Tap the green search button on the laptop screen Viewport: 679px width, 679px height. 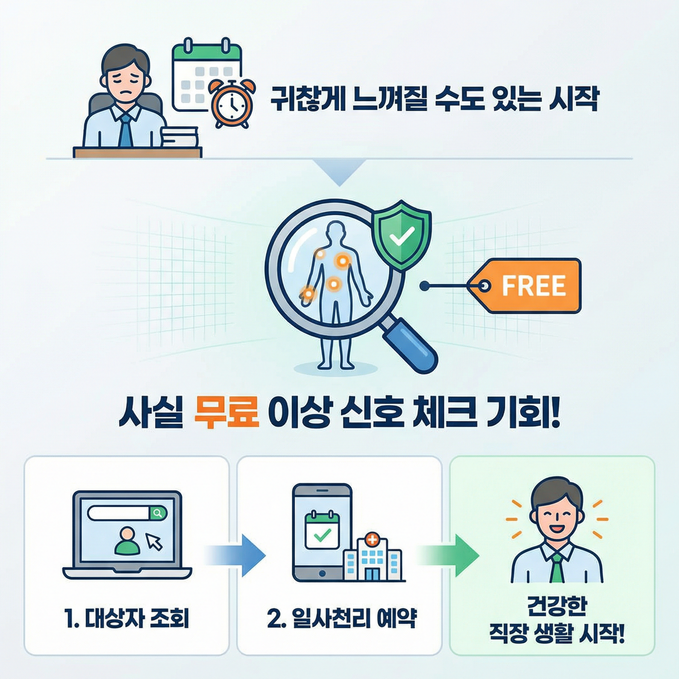click(158, 514)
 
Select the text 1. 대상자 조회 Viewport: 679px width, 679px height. click(127, 619)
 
